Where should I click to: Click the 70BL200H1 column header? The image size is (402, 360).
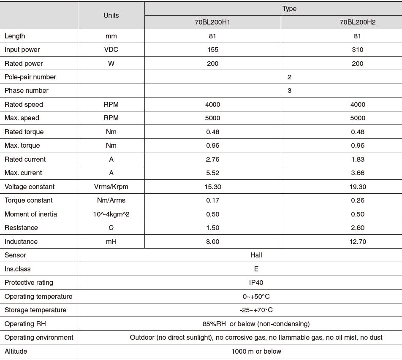point(212,22)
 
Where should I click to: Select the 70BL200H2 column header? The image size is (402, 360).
point(357,22)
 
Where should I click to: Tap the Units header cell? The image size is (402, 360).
point(111,15)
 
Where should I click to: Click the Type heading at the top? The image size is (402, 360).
point(289,8)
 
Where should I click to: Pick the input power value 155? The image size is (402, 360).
point(213,50)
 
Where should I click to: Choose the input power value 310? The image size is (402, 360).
point(357,50)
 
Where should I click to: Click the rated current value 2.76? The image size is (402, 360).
point(213,159)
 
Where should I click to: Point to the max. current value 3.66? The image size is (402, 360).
point(357,173)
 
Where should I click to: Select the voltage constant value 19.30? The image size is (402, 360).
point(357,187)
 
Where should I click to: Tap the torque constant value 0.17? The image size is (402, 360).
point(213,200)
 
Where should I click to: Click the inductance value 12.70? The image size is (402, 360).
point(357,242)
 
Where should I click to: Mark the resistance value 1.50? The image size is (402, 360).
point(213,228)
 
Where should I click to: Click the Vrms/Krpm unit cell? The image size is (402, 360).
point(111,187)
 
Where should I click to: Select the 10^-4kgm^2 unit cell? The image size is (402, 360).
point(111,214)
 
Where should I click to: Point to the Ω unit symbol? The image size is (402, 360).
point(111,228)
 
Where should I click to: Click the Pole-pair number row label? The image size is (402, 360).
point(30,77)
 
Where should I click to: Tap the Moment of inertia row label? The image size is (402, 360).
point(31,214)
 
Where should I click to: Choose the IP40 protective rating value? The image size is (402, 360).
point(256,283)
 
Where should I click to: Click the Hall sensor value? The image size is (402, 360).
point(256,255)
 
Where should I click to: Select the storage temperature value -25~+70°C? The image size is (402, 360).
point(256,310)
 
